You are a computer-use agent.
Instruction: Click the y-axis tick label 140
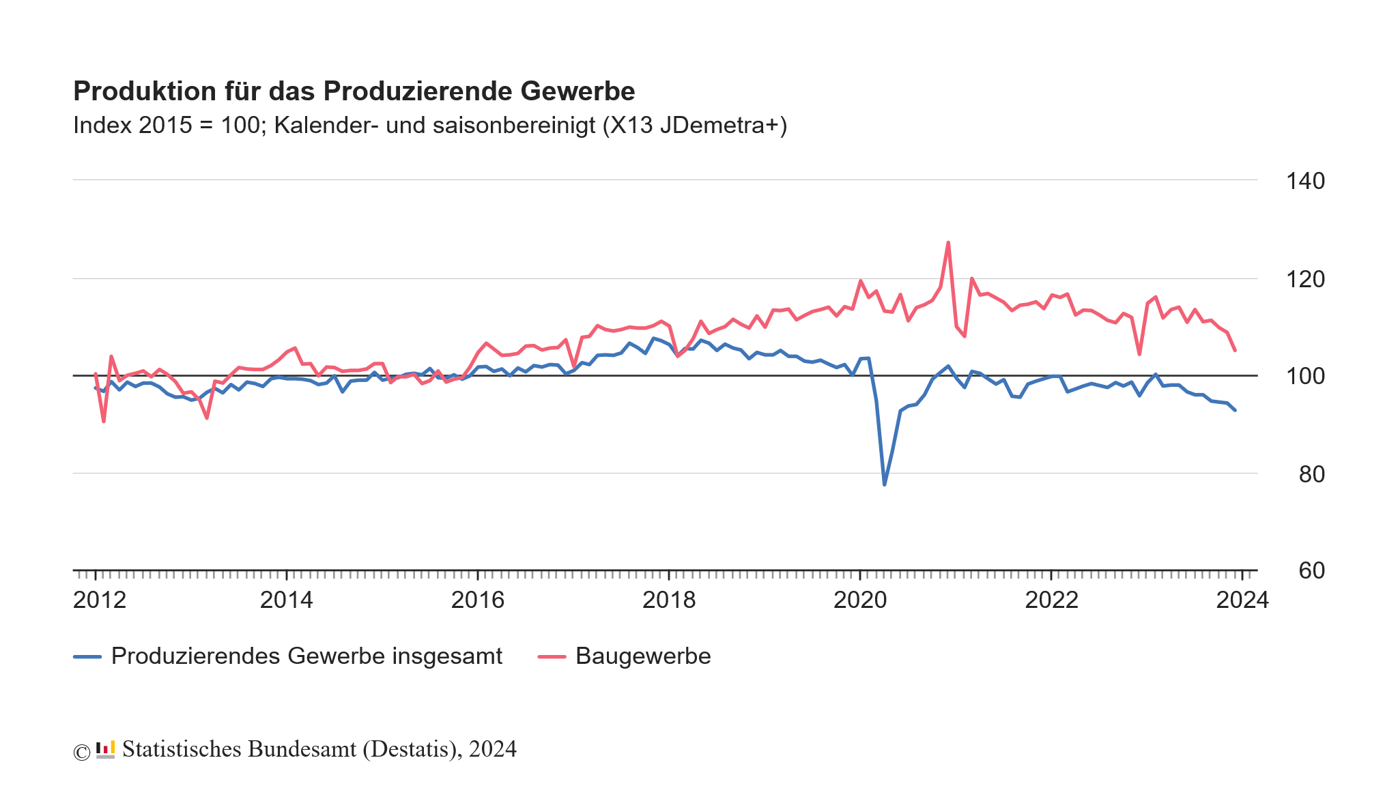1304,181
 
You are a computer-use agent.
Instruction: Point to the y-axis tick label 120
1304,279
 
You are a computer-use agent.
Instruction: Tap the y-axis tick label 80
1311,474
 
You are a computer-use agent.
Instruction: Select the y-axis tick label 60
1311,570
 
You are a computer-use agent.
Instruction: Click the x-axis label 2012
100,600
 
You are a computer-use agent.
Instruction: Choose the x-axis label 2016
477,600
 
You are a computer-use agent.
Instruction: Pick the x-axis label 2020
860,600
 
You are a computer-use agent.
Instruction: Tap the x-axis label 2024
1242,600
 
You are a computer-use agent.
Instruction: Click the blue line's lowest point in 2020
884,484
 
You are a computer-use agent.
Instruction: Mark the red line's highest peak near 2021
948,242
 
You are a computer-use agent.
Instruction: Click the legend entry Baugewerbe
642,656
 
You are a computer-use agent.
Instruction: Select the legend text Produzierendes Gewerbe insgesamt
306,656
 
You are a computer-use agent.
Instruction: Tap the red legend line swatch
552,657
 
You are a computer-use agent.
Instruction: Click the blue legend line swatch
87,657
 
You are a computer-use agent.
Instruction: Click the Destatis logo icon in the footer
105,749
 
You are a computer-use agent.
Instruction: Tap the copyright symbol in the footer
81,752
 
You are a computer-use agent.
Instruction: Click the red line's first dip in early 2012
104,421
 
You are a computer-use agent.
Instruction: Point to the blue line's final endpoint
1235,410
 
